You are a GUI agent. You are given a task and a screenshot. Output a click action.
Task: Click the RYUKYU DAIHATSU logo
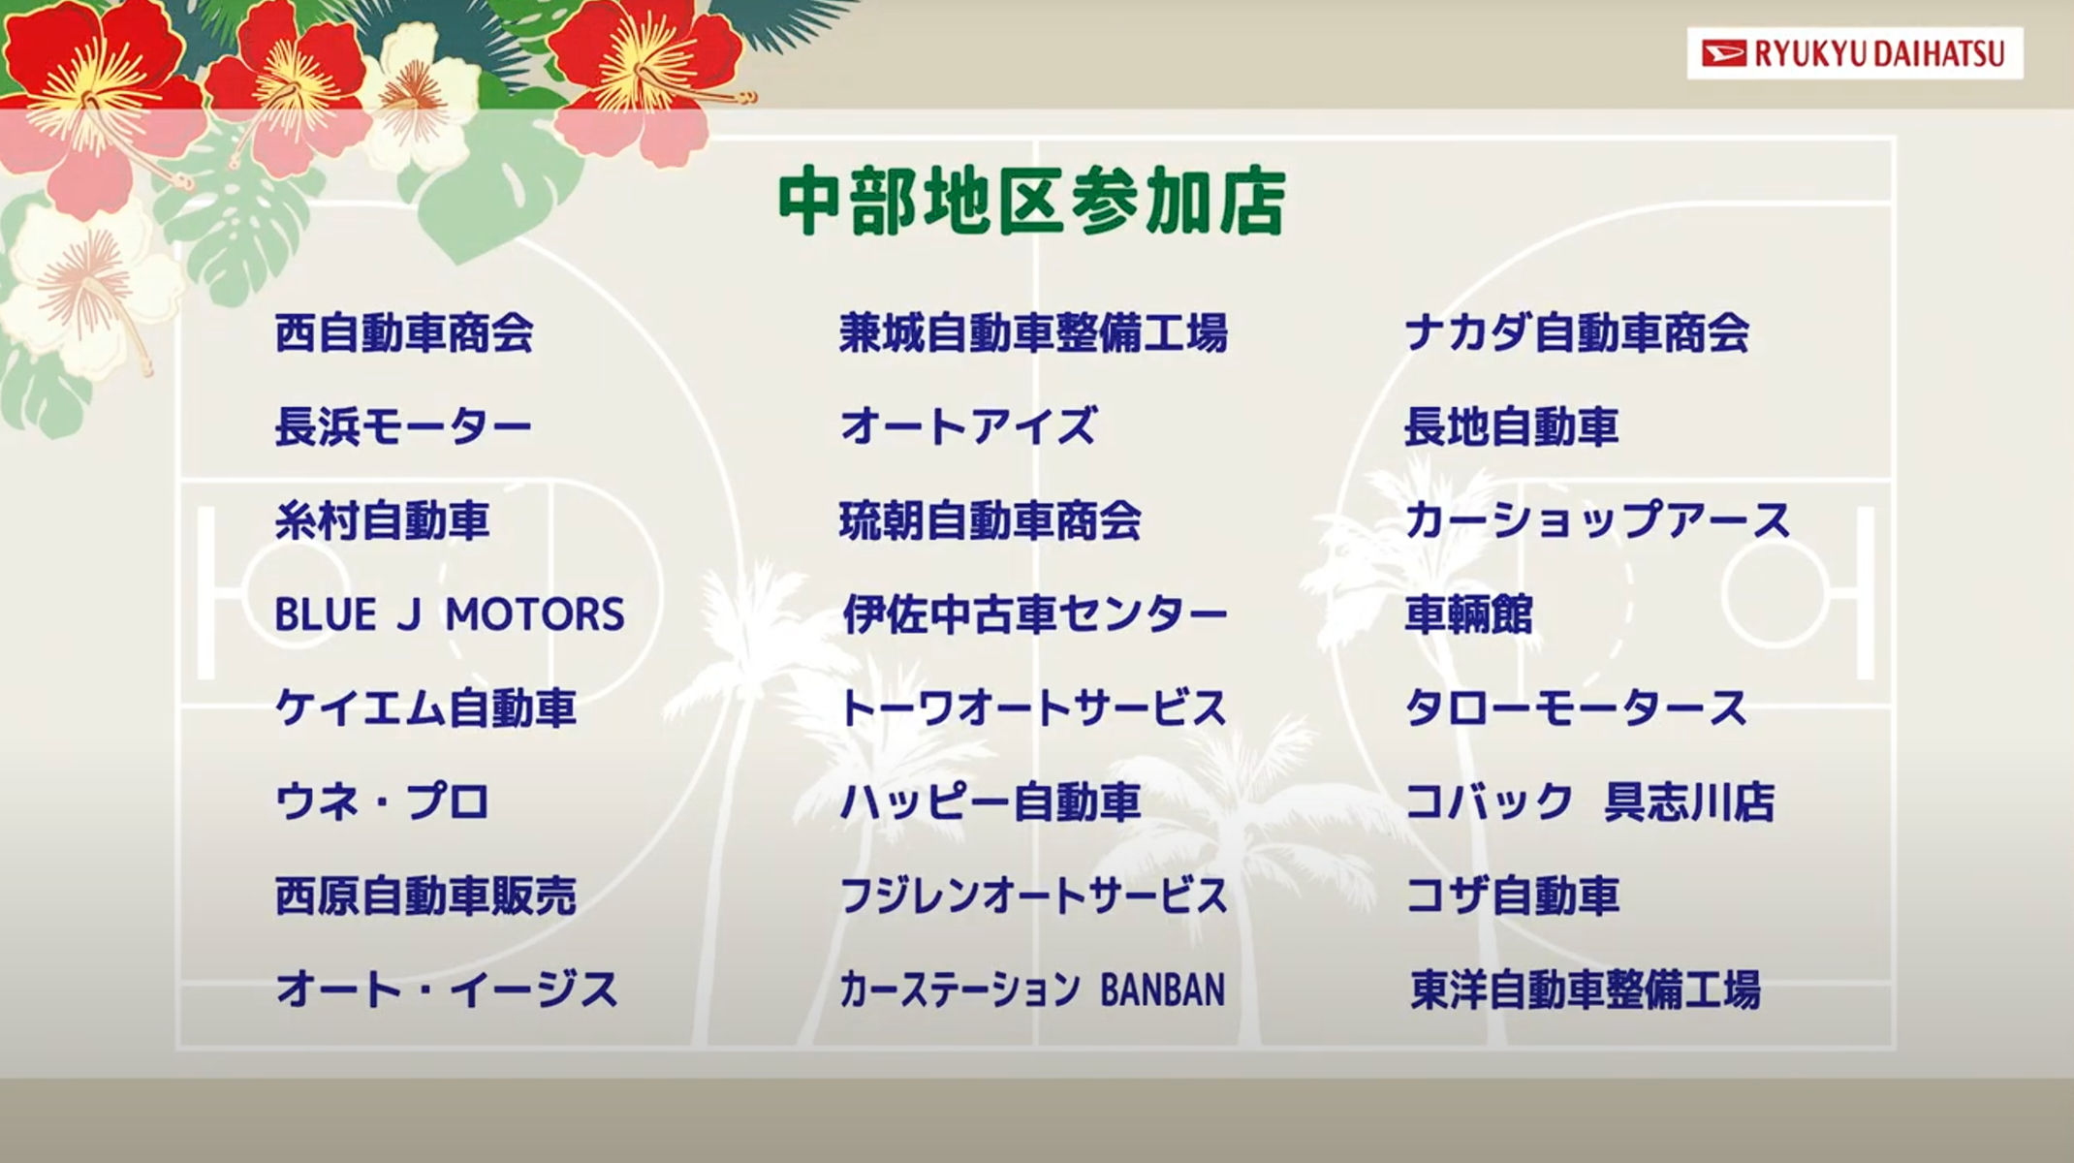point(1854,53)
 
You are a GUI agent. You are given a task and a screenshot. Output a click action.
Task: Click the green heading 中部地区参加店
point(1032,202)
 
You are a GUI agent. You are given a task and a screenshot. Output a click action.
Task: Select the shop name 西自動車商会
point(404,333)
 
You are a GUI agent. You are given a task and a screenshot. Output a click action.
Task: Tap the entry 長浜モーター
point(403,427)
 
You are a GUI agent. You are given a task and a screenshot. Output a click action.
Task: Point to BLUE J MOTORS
point(450,614)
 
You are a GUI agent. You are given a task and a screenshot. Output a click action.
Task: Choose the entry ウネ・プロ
point(382,802)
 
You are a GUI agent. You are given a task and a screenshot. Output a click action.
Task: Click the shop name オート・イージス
point(447,990)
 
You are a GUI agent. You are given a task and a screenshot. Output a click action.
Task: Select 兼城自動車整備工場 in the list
point(1033,333)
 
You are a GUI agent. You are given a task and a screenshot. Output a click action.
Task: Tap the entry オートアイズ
point(968,427)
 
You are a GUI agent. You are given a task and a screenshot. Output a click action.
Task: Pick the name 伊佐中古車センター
point(1034,614)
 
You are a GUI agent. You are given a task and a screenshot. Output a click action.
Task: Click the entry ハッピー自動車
point(990,802)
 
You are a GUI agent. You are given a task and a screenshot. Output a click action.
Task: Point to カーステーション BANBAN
point(1032,990)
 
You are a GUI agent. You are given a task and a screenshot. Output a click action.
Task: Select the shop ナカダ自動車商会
point(1577,333)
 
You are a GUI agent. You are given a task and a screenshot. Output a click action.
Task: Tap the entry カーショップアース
point(1597,520)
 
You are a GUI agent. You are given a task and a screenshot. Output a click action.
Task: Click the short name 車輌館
point(1469,614)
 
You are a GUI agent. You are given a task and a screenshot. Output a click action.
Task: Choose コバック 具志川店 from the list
point(1589,802)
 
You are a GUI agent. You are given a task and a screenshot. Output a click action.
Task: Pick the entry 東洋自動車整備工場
point(1586,990)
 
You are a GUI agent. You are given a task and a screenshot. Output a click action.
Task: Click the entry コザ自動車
point(1512,896)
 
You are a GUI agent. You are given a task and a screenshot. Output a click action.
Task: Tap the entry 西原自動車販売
point(425,896)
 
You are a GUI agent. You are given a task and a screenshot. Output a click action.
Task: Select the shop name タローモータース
point(1576,708)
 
